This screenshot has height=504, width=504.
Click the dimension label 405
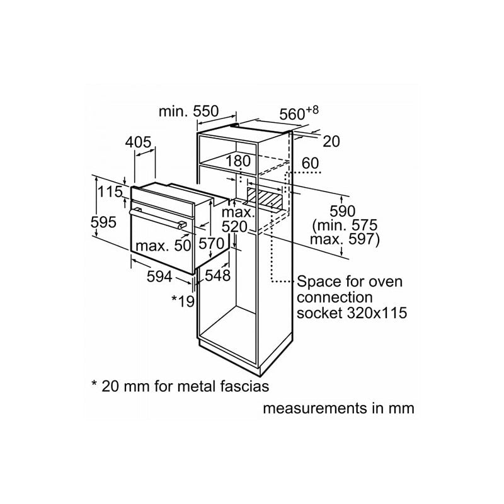pyautogui.click(x=138, y=142)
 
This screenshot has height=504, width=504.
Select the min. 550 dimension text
pyautogui.click(x=188, y=112)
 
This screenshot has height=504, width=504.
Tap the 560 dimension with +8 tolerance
pyautogui.click(x=299, y=113)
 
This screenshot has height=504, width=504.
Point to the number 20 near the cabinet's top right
pyautogui.click(x=331, y=141)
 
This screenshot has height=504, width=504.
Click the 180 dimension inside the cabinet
pyautogui.click(x=238, y=161)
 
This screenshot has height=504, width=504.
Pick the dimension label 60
pyautogui.click(x=311, y=163)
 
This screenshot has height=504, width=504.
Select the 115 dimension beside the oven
pyautogui.click(x=110, y=192)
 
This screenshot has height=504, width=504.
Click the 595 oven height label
pyautogui.click(x=103, y=222)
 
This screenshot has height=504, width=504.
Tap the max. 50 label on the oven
pyautogui.click(x=163, y=246)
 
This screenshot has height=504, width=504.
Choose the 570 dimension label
pyautogui.click(x=211, y=243)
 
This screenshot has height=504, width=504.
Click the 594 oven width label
pyautogui.click(x=159, y=277)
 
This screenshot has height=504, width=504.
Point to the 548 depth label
pyautogui.click(x=217, y=275)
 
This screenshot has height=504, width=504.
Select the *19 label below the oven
pyautogui.click(x=183, y=301)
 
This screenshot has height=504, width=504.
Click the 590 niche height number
pyautogui.click(x=343, y=211)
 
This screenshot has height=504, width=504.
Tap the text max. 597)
pyautogui.click(x=345, y=239)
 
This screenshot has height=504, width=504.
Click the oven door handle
pyautogui.click(x=158, y=218)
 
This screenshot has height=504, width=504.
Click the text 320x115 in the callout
pyautogui.click(x=377, y=312)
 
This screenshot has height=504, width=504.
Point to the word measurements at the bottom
pyautogui.click(x=316, y=408)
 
